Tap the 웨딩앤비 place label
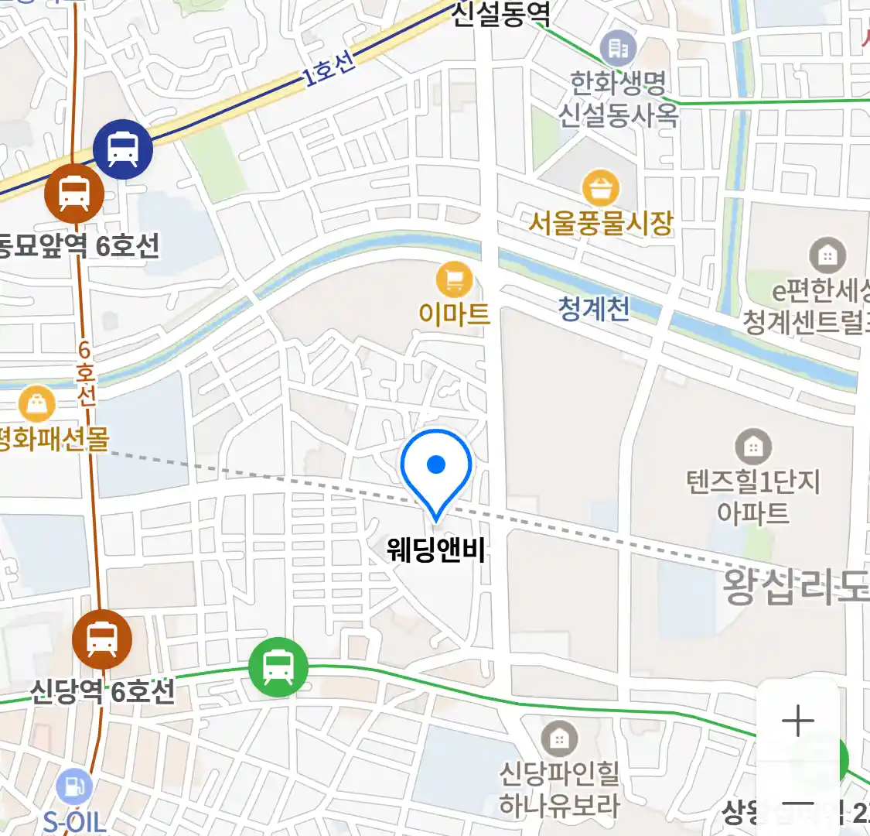point(436,550)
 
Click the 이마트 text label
point(454,313)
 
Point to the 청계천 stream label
point(593,309)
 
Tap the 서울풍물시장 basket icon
point(601,188)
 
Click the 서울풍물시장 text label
point(601,223)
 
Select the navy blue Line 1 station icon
point(123,148)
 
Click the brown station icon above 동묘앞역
point(74,194)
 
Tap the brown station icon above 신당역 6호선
point(101,639)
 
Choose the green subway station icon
point(278,667)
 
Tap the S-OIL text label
point(74,821)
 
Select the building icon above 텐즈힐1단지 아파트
point(752,447)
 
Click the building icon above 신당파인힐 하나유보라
point(559,739)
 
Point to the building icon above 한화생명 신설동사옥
point(618,50)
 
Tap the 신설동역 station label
point(500,14)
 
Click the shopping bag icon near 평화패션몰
point(36,404)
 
